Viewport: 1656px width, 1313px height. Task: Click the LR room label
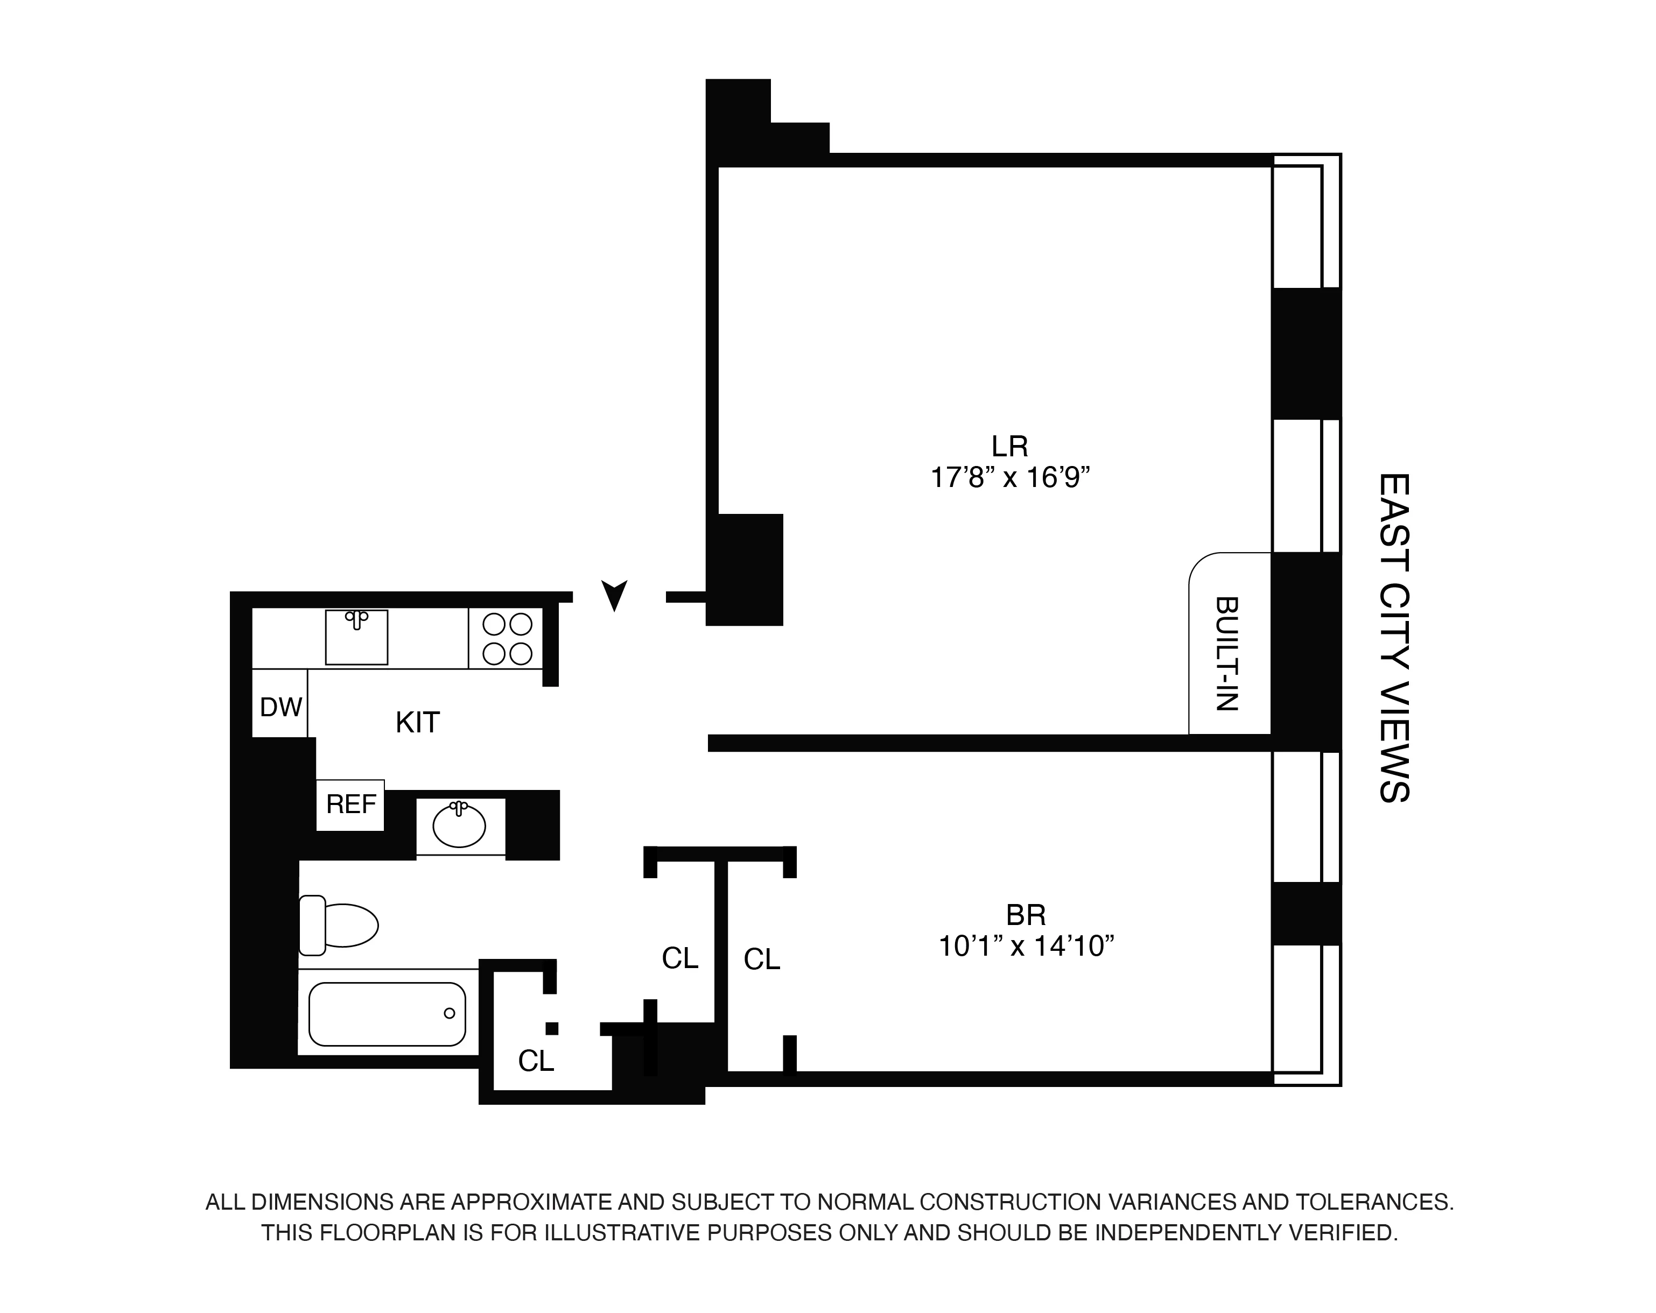point(1009,446)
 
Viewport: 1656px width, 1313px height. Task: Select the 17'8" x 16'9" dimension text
point(1009,478)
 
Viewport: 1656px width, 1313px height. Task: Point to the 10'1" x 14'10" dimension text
point(1026,946)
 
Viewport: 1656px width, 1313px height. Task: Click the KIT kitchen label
point(417,723)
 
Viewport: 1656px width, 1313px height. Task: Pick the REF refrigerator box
point(351,804)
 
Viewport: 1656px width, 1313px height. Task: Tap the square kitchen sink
point(356,637)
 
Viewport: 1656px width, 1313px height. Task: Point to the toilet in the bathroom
point(340,924)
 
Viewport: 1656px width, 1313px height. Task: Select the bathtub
point(387,1014)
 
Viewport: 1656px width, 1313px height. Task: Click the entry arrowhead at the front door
point(614,594)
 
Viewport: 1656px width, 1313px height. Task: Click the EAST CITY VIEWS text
point(1393,637)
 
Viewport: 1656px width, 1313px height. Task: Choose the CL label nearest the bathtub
point(535,1061)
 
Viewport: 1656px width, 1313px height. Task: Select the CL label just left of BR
point(761,959)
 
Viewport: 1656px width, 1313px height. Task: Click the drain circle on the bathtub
point(450,1014)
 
